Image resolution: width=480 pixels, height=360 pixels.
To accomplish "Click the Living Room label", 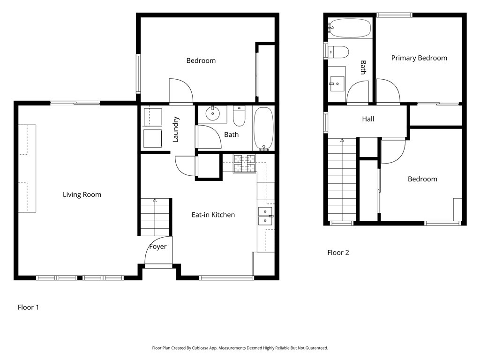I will click(x=82, y=195).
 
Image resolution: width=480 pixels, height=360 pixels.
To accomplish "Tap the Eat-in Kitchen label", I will click(x=213, y=215).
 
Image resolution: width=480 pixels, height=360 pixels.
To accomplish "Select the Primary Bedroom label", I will click(x=419, y=58).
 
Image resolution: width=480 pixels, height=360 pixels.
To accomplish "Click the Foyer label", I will click(x=158, y=247).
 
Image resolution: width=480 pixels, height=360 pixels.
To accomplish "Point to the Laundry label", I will click(x=176, y=129).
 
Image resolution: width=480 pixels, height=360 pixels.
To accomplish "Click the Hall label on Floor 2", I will click(x=368, y=119).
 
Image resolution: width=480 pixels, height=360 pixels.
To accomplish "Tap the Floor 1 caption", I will click(x=28, y=307).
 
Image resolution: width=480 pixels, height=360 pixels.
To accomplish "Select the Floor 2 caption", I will click(x=338, y=253).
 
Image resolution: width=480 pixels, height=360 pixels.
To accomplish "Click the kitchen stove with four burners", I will click(x=244, y=164).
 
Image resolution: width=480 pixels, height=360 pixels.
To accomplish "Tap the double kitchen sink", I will click(x=265, y=215).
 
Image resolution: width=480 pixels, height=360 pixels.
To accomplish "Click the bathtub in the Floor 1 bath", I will click(x=263, y=128).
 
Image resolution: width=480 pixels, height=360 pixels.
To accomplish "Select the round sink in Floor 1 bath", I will click(x=213, y=113).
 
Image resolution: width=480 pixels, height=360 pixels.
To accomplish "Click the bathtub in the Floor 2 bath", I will click(x=350, y=28).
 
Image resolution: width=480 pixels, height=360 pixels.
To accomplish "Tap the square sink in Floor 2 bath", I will click(x=337, y=84).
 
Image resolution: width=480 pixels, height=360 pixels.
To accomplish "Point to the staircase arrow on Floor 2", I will click(x=342, y=140).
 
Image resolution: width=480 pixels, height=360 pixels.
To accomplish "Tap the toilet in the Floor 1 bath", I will click(x=239, y=116).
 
